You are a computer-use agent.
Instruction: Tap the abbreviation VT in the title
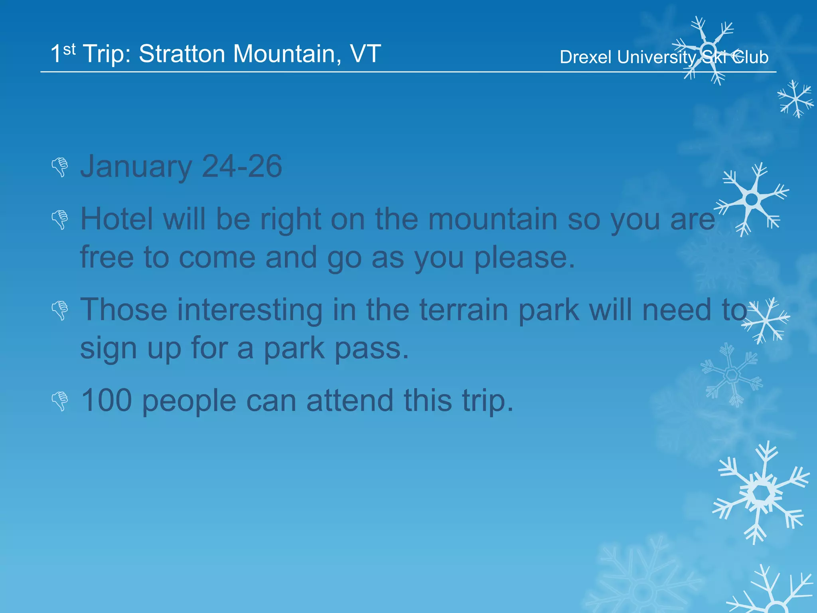365,54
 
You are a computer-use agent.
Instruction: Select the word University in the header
656,57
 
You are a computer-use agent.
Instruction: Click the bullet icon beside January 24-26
60,167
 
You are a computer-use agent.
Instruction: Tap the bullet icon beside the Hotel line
60,219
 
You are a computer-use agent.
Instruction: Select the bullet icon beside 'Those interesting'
60,310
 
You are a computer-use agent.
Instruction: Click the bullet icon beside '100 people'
60,401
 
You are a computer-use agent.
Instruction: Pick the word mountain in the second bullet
492,219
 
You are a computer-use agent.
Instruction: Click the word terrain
463,310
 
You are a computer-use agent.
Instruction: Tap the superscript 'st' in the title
69,49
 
